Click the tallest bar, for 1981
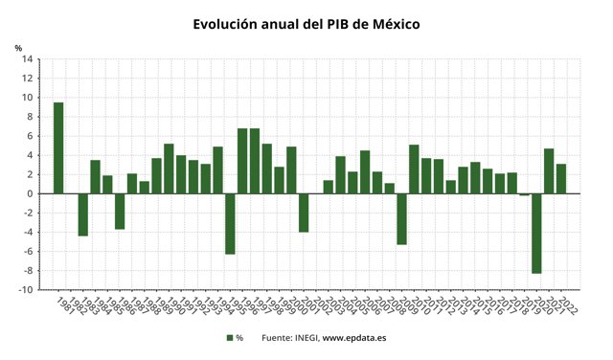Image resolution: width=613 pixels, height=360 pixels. pos(58,147)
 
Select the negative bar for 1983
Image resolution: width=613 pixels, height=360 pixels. pos(83,214)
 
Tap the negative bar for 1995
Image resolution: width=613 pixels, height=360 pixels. pos(230,223)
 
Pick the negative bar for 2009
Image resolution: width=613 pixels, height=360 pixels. pos(402,218)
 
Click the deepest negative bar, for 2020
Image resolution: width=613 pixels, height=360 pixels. pos(537,233)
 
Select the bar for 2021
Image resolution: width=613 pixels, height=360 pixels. pos(550,170)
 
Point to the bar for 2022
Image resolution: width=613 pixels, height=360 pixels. pos(562,178)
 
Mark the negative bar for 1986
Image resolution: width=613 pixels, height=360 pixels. pos(120,211)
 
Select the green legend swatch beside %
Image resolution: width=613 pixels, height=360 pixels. pos(230,338)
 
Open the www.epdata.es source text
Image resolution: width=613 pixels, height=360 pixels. pos(354,338)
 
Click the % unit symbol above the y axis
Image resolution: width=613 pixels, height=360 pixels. pos(18,47)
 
